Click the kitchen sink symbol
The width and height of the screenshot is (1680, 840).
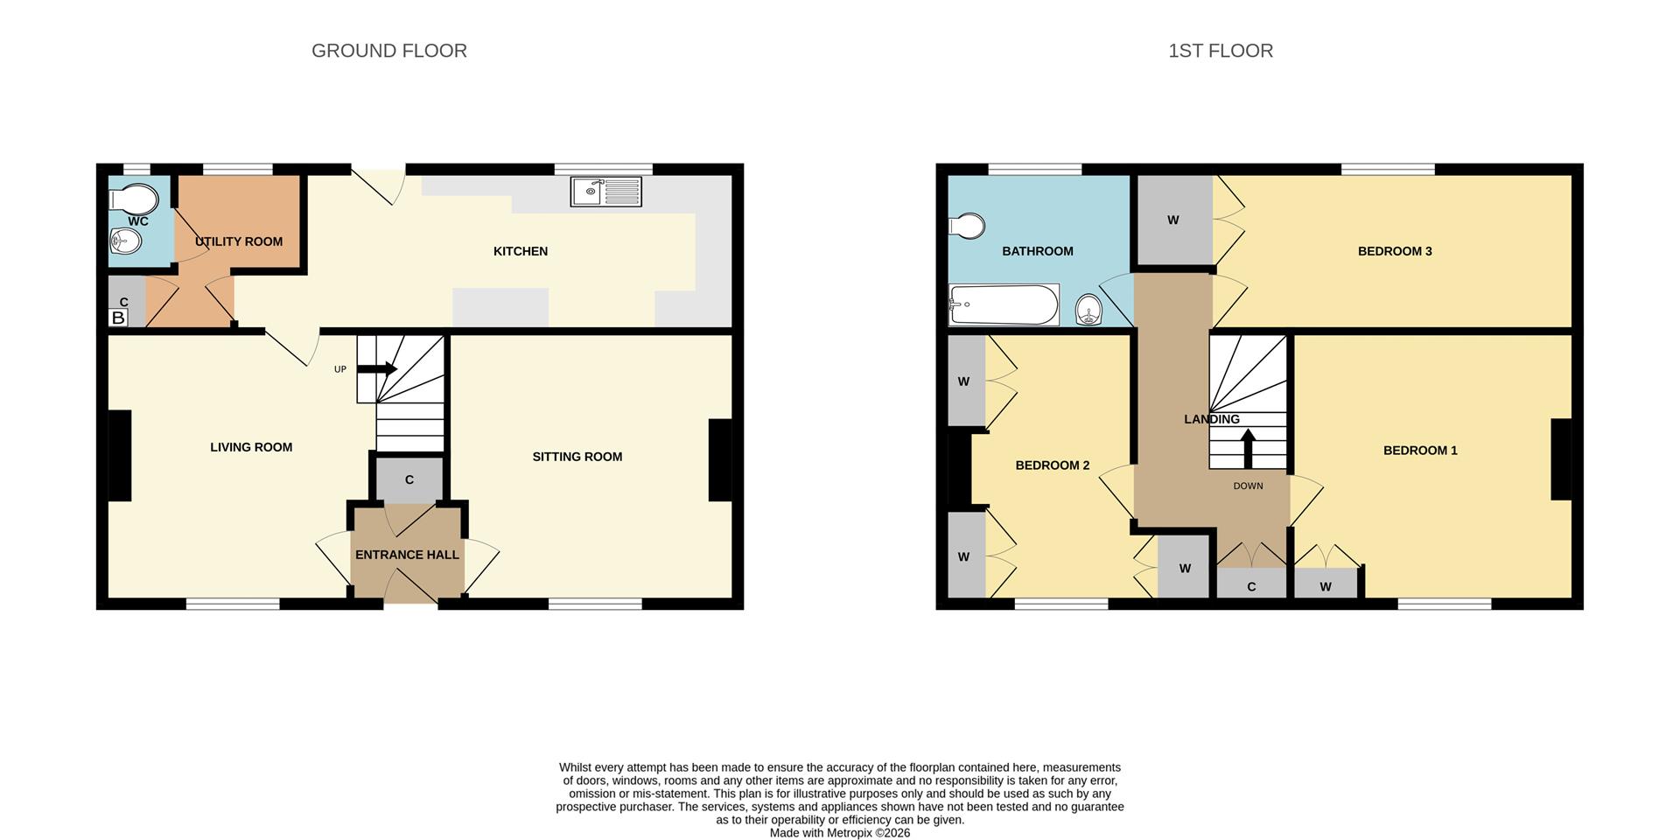[x=605, y=191]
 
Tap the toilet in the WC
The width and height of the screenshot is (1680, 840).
[x=134, y=199]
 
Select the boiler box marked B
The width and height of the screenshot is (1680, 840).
[x=118, y=318]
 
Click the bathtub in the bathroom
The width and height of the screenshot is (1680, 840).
[x=1004, y=304]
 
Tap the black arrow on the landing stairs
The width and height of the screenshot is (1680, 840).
[x=1249, y=448]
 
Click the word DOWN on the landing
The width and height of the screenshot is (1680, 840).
[x=1248, y=486]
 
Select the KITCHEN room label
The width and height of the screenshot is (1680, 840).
[x=521, y=251]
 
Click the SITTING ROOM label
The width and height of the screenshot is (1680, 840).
[x=577, y=457]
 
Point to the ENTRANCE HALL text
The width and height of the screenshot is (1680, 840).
[x=407, y=555]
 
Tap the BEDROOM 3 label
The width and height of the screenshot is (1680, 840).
[x=1395, y=251]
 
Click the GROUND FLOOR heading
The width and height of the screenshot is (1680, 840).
[x=389, y=51]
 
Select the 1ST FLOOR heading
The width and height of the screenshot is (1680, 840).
[x=1221, y=51]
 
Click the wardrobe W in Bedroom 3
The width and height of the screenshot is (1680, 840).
[x=1173, y=220]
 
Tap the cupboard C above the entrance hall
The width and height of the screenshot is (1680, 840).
[x=409, y=479]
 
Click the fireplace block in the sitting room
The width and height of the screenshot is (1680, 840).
[x=719, y=460]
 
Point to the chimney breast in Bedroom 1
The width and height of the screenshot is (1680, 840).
[x=1561, y=459]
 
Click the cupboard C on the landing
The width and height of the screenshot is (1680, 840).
[x=1251, y=585]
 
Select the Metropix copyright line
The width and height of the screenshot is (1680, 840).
[x=840, y=833]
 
